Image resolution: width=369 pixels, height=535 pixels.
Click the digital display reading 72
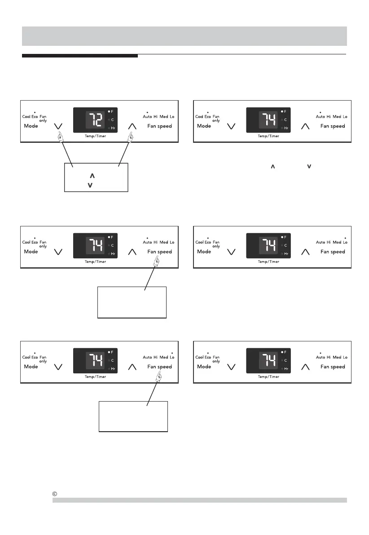(94, 120)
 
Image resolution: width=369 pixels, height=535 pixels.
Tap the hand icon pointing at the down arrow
(61, 137)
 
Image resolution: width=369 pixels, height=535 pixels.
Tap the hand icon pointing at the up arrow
(130, 137)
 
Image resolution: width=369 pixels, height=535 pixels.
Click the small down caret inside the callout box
(91, 185)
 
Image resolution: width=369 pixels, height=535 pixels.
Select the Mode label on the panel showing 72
(31, 126)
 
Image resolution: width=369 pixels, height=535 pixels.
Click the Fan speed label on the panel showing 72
(159, 126)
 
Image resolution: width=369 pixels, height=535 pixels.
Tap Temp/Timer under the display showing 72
(94, 136)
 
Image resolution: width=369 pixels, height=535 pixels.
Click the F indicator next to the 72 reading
(113, 111)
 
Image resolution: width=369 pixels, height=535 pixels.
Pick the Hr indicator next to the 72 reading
(113, 128)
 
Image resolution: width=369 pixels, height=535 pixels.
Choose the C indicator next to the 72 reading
(113, 120)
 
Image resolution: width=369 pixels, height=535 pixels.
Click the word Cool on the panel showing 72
(26, 117)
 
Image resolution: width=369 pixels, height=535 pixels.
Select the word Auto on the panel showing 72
(147, 117)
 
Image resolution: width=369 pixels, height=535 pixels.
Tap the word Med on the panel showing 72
(164, 117)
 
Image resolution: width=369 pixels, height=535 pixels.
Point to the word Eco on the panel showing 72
(35, 117)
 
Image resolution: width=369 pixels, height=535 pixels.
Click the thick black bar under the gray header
(80, 56)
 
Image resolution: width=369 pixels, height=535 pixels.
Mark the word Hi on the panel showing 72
(156, 117)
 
